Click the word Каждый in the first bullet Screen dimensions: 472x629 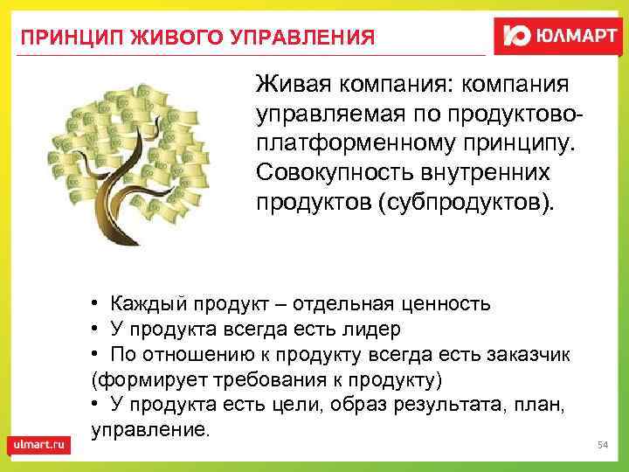146,303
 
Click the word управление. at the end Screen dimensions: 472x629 150,430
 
